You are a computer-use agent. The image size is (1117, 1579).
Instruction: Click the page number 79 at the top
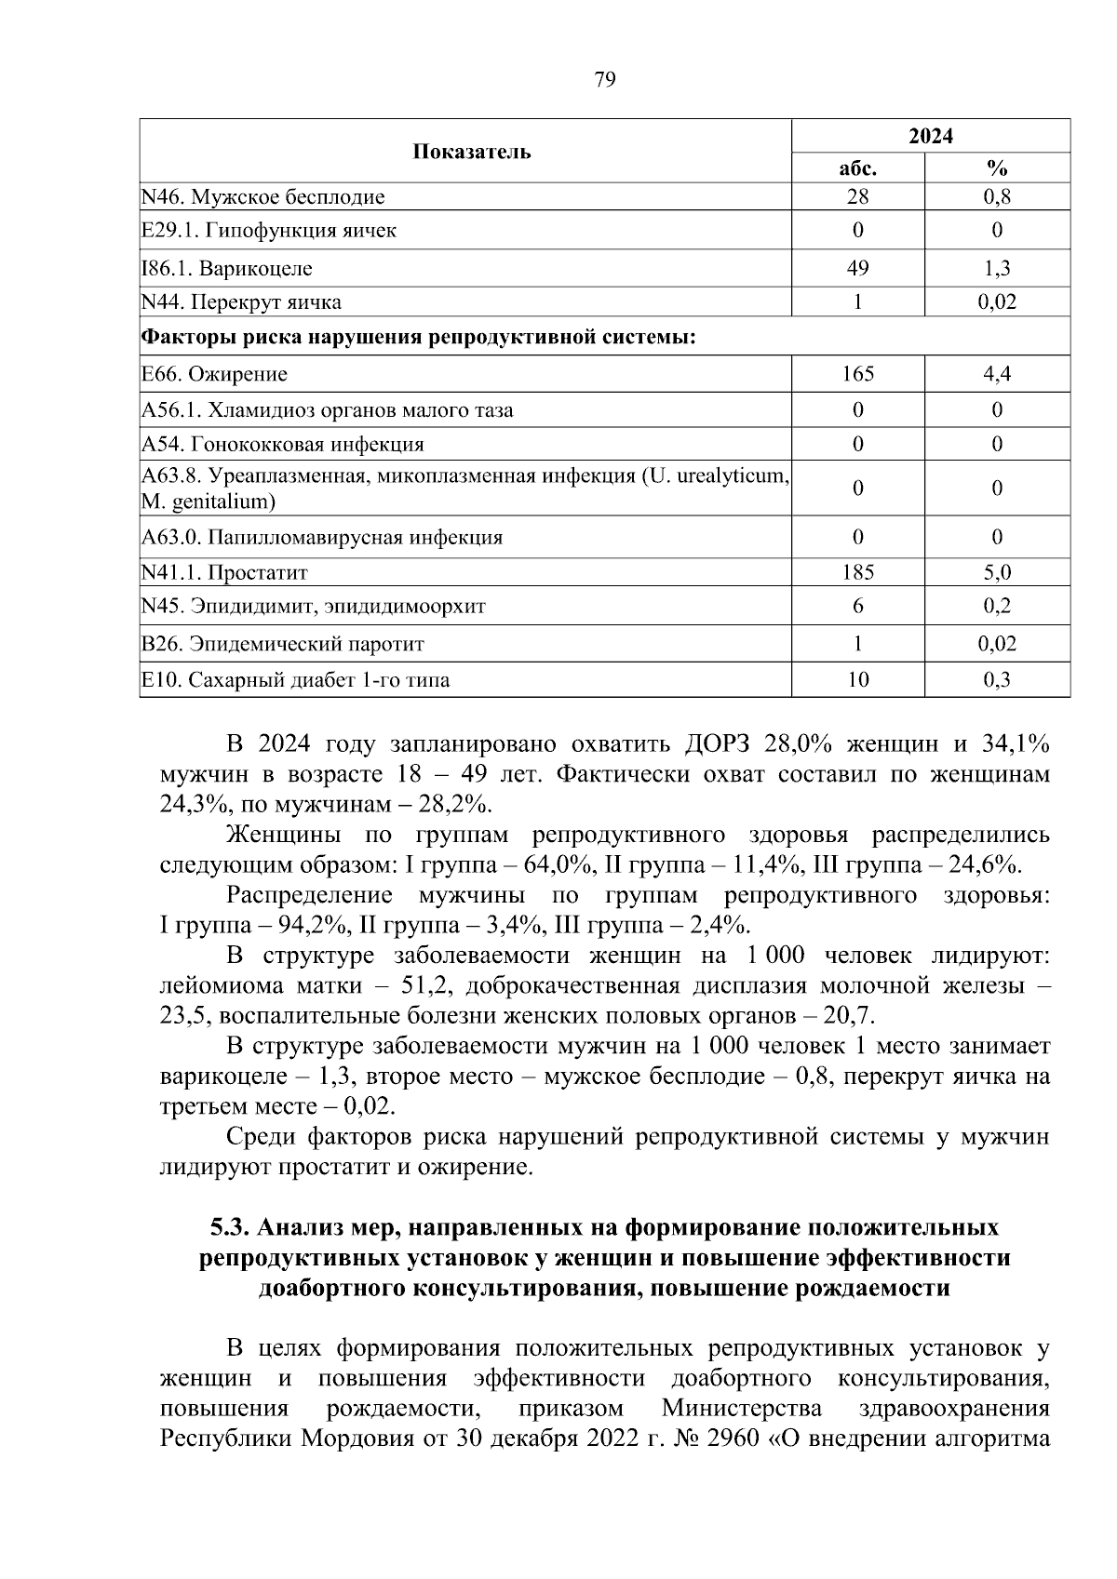604,80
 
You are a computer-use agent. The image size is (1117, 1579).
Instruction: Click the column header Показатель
472,152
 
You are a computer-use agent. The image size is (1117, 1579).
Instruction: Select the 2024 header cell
931,136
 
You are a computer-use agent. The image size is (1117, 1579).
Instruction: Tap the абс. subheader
857,168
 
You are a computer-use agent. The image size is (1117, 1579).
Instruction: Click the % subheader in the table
997,168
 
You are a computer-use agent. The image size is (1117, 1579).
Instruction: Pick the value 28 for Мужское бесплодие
857,197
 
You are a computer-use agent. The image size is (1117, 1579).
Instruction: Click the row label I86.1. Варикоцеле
227,269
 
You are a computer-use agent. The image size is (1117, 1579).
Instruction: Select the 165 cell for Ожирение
857,374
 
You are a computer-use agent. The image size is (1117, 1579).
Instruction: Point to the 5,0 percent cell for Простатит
997,572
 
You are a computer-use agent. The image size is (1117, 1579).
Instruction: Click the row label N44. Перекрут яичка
241,302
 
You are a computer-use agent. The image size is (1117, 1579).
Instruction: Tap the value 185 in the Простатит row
857,572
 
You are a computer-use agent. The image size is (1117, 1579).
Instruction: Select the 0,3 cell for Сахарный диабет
997,680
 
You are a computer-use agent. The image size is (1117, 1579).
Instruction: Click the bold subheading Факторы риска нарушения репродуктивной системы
419,337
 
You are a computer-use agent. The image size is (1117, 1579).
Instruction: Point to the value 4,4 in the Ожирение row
997,374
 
